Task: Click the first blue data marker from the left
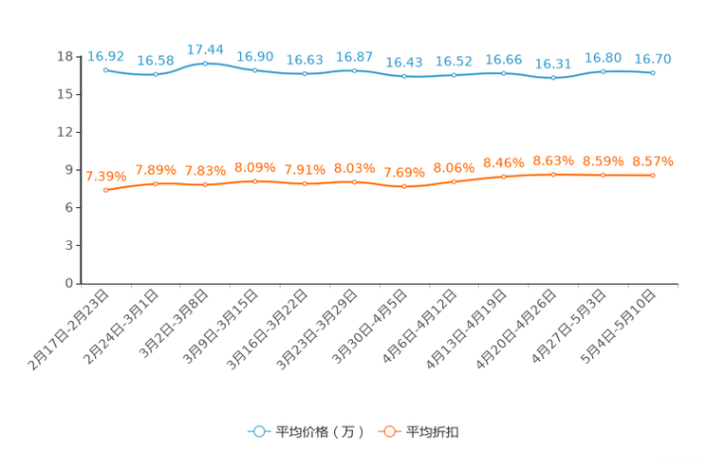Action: pos(105,69)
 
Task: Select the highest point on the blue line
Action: pos(205,63)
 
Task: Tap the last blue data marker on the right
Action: pos(653,72)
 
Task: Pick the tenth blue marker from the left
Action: pos(553,78)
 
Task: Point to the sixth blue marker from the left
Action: pos(354,70)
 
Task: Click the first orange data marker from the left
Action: pos(105,191)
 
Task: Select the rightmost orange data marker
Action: pos(653,176)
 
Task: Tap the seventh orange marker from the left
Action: pos(404,187)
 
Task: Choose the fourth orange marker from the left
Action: pos(254,180)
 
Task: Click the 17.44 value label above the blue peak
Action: pos(205,48)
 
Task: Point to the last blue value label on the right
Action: pos(653,58)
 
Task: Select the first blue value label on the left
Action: pos(105,56)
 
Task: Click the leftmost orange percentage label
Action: pos(105,176)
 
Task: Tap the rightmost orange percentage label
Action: pos(653,162)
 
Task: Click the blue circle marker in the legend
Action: pos(258,431)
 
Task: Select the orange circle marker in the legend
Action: pos(388,431)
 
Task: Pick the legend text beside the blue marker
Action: pos(319,432)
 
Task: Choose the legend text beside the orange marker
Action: pos(433,432)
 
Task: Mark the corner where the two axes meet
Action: pos(81,283)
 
